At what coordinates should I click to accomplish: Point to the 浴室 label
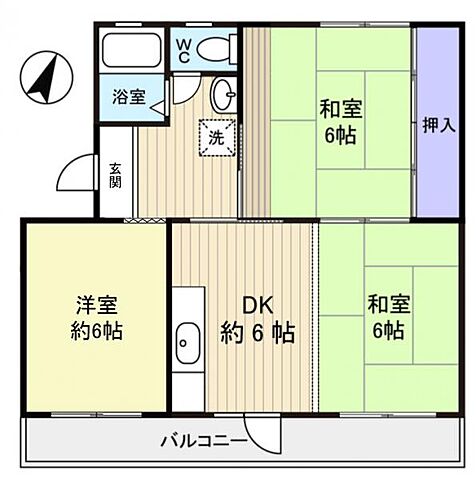click(127, 97)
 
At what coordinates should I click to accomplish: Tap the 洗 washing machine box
click(217, 136)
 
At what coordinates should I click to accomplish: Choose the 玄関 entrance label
click(116, 176)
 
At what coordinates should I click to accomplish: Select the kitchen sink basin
click(187, 345)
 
